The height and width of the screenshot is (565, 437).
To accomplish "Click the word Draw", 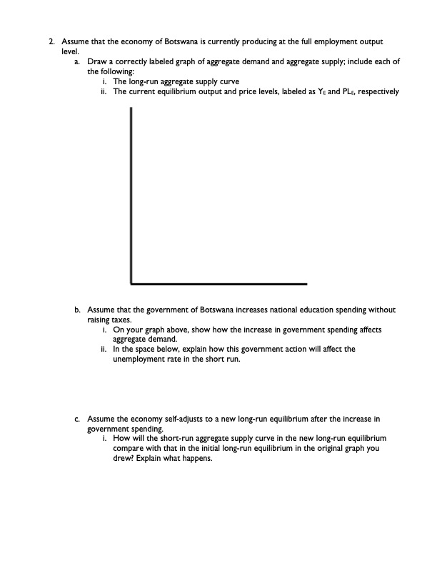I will point(96,63).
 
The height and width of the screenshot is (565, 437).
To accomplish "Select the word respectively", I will point(378,91).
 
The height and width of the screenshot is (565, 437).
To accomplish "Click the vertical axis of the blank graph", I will point(131,193).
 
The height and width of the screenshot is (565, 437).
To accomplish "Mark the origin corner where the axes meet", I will point(132,283).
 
